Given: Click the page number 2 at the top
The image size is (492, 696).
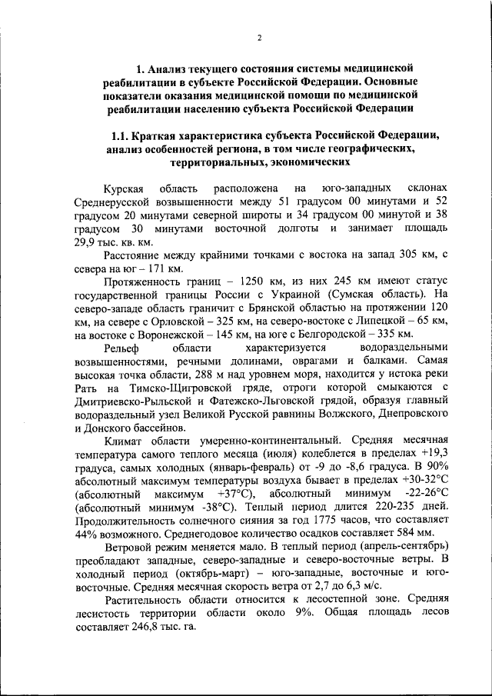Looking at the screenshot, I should [260, 38].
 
